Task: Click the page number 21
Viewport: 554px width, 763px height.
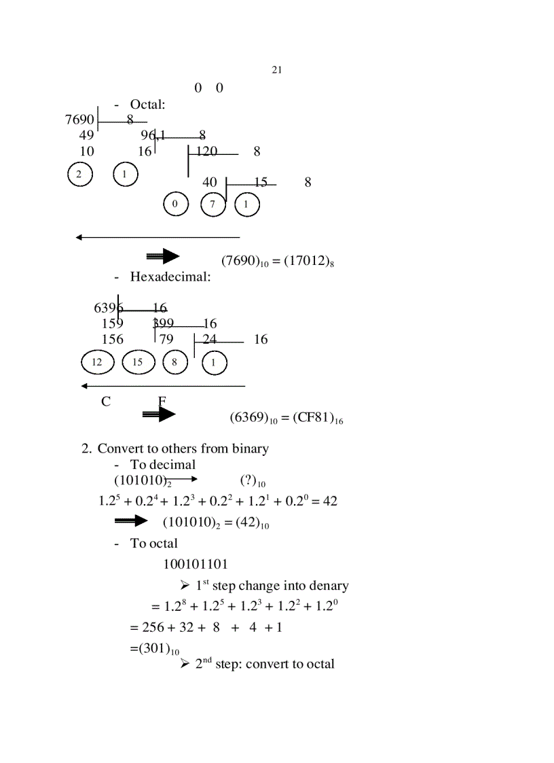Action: coord(276,69)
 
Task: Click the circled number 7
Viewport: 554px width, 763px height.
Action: coord(213,204)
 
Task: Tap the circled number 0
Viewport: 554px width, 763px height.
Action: coord(176,204)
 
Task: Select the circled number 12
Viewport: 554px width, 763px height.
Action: coord(97,362)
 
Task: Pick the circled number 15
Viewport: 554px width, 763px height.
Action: coord(138,362)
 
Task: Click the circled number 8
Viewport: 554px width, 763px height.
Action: coord(175,362)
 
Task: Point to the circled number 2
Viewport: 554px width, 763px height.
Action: coord(79,175)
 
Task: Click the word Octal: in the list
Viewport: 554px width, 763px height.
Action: coord(148,105)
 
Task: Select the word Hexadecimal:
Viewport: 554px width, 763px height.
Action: coord(170,277)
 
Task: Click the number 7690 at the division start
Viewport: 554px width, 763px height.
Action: coord(79,120)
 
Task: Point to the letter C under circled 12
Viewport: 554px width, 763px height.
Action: coord(106,402)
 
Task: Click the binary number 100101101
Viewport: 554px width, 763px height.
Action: coord(196,564)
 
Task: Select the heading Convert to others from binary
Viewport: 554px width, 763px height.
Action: coord(183,448)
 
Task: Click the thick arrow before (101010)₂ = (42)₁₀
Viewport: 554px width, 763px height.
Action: coord(132,521)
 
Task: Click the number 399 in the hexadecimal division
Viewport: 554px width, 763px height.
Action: coord(164,323)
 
